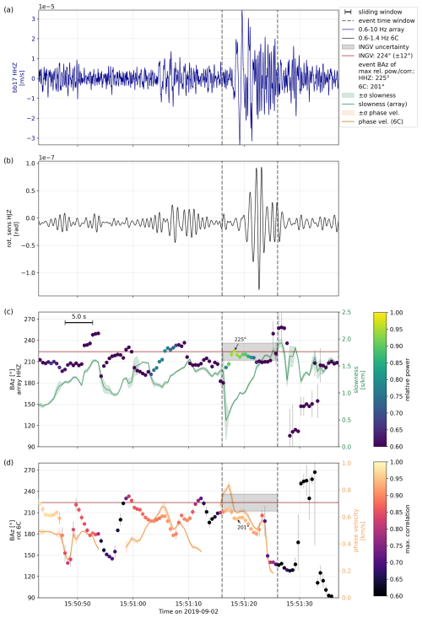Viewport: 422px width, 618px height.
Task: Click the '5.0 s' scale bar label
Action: pyautogui.click(x=79, y=316)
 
